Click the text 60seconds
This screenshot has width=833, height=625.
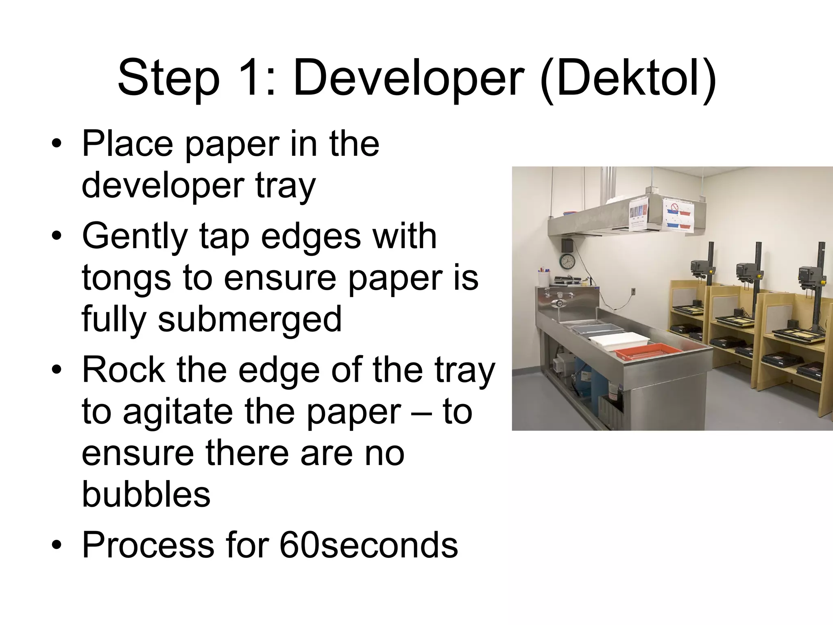pos(369,545)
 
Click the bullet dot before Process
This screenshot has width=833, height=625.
pos(57,545)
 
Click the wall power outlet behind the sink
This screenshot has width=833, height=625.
pos(633,291)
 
